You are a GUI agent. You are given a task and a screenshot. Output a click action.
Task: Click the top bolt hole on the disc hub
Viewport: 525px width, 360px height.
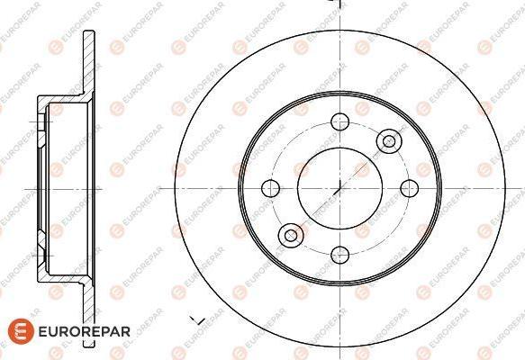pyautogui.click(x=339, y=122)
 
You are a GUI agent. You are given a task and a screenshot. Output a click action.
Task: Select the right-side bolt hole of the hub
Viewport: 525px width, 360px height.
pyautogui.click(x=408, y=187)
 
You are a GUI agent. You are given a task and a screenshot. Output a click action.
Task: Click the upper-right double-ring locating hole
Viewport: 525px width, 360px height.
pyautogui.click(x=388, y=139)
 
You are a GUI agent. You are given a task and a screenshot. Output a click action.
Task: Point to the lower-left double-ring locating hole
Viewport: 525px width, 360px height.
pyautogui.click(x=290, y=236)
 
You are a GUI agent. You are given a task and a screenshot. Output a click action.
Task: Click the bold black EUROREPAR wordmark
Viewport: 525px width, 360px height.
pyautogui.click(x=82, y=331)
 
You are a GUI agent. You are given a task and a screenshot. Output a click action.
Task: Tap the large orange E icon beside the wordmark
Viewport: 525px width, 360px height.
pyautogui.click(x=15, y=331)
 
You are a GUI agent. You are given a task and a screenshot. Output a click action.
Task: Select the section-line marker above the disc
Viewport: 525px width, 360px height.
pyautogui.click(x=335, y=4)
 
